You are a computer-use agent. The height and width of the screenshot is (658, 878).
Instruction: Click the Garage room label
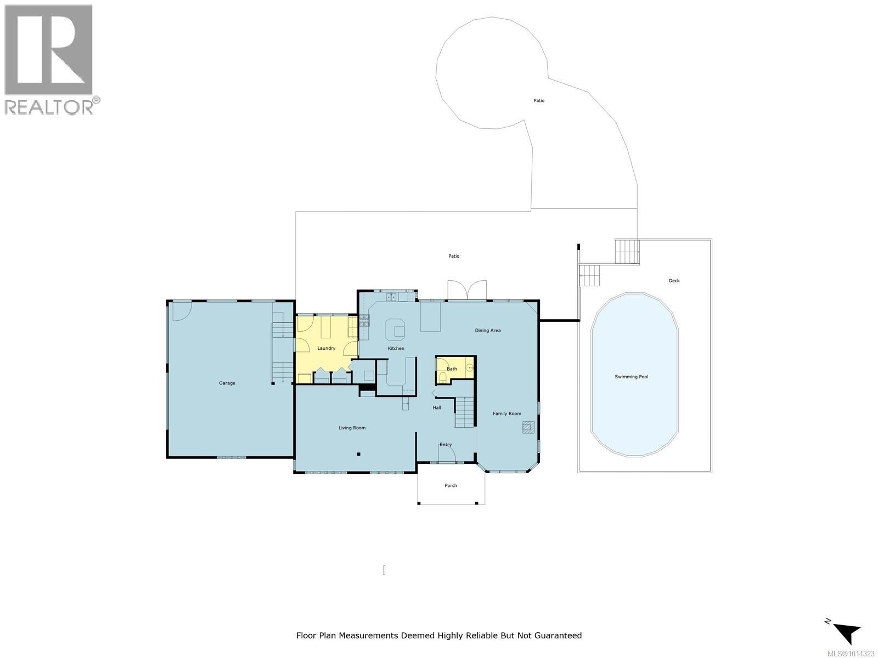pyautogui.click(x=227, y=383)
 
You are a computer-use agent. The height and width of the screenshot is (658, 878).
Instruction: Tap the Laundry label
pyautogui.click(x=326, y=348)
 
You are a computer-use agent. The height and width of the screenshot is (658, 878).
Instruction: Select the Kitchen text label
pyautogui.click(x=396, y=349)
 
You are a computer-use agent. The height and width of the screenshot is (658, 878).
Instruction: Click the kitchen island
pyautogui.click(x=395, y=330)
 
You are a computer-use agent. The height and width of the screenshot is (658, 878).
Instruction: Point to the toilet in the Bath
pyautogui.click(x=443, y=377)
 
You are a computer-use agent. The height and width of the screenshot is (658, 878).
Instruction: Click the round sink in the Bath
pyautogui.click(x=470, y=368)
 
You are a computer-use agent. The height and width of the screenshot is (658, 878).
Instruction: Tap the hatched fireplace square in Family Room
pyautogui.click(x=528, y=427)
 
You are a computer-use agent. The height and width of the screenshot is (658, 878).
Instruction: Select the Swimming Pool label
pyautogui.click(x=631, y=377)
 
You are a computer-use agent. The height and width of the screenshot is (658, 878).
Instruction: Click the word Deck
pyautogui.click(x=674, y=281)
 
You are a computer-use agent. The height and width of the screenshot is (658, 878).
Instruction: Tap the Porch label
pyautogui.click(x=451, y=485)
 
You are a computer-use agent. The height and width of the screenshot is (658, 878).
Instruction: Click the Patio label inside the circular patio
pyautogui.click(x=539, y=101)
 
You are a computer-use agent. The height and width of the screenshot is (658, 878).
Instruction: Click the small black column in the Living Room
pyautogui.click(x=358, y=453)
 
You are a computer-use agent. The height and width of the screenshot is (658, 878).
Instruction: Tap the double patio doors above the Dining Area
pyautogui.click(x=467, y=290)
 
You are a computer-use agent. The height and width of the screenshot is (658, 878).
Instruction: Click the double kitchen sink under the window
pyautogui.click(x=391, y=297)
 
